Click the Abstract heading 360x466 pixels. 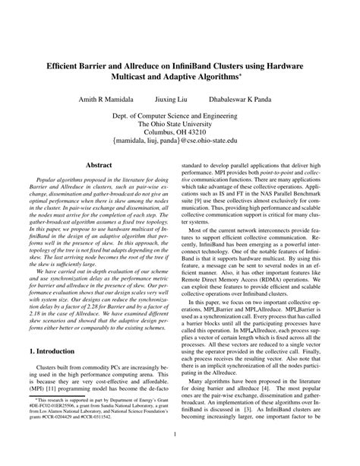pos(99,165)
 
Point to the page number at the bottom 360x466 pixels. pos(180,455)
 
